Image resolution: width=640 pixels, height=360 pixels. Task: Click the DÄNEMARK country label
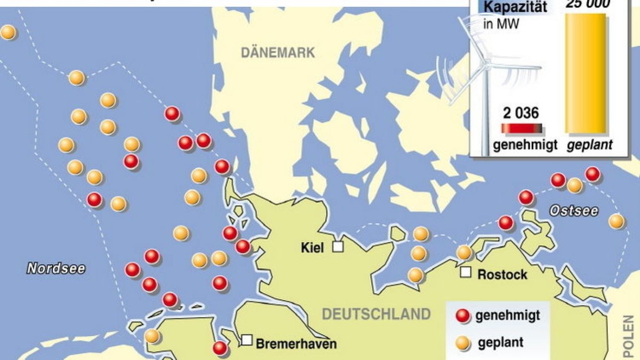(278, 53)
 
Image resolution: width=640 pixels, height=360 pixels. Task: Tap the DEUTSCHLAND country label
(376, 314)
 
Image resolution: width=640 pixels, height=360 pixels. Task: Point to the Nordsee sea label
(56, 268)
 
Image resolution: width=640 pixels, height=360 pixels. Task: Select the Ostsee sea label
(574, 211)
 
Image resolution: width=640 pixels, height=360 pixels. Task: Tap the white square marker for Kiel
(338, 246)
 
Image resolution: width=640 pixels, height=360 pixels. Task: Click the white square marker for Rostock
(466, 273)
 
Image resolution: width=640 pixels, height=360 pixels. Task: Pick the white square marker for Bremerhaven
(247, 340)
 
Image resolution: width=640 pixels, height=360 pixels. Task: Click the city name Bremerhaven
(297, 343)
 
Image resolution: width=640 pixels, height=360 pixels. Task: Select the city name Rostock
(502, 275)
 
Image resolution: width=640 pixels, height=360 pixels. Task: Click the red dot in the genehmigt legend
(463, 316)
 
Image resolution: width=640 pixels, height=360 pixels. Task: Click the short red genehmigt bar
(521, 129)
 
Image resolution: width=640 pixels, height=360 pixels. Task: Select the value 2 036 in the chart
(521, 113)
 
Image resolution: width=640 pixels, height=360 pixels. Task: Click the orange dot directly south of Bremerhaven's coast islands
(152, 336)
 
